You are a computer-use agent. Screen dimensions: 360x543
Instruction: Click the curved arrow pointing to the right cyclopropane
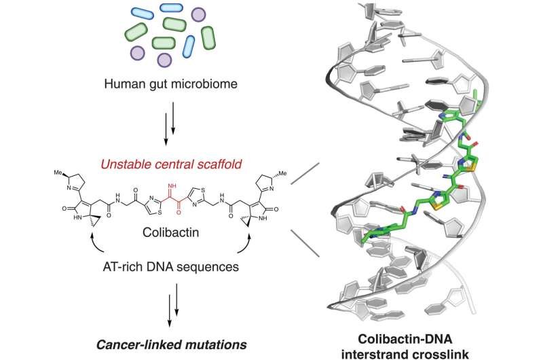(x=244, y=250)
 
